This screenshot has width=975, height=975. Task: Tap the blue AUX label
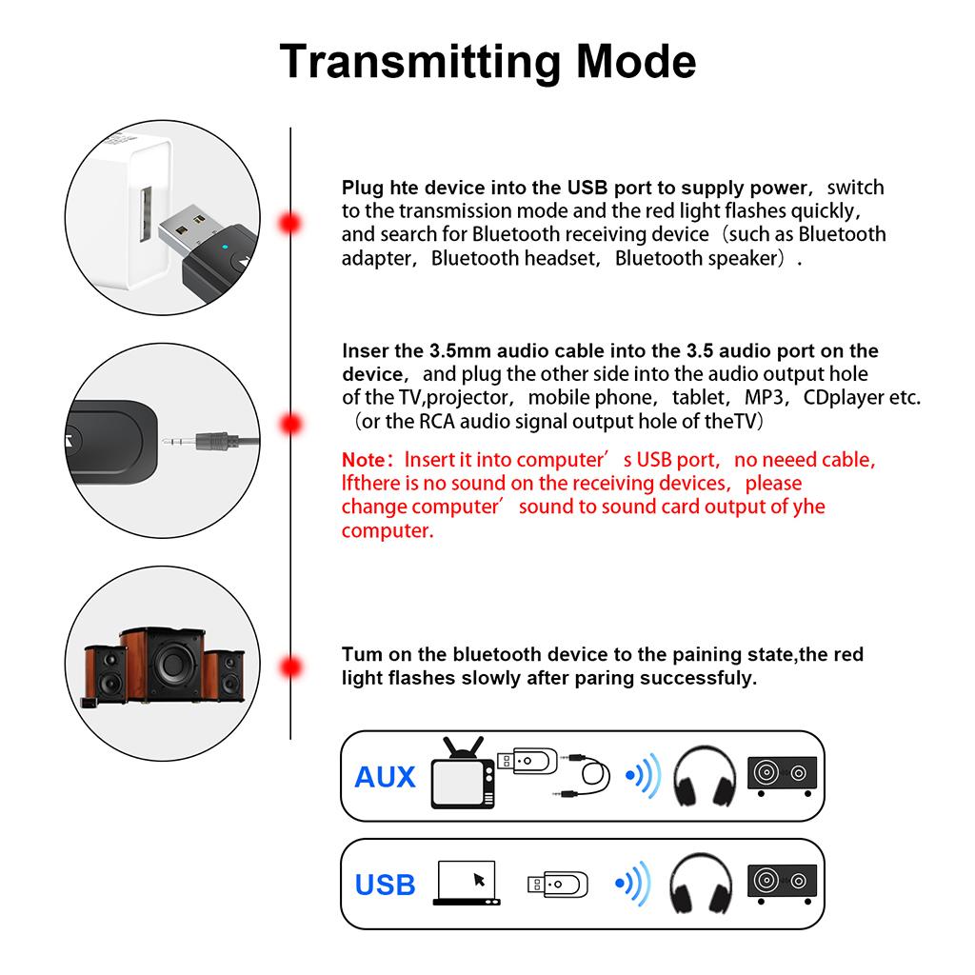[x=385, y=777]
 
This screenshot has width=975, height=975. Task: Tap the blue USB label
[x=385, y=885]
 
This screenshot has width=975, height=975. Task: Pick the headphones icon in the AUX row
[x=705, y=776]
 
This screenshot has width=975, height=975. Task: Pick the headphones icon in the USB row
[x=705, y=884]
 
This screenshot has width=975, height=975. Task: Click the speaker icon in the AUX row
[x=783, y=775]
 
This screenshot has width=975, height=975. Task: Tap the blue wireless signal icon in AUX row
[x=643, y=775]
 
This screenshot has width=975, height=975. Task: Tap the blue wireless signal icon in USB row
[x=633, y=884]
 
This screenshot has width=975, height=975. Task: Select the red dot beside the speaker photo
[x=289, y=666]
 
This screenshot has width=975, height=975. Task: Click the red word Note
[x=364, y=460]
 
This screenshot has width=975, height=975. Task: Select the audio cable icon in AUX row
[x=586, y=773]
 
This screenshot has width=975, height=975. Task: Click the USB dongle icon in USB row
[x=558, y=884]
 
